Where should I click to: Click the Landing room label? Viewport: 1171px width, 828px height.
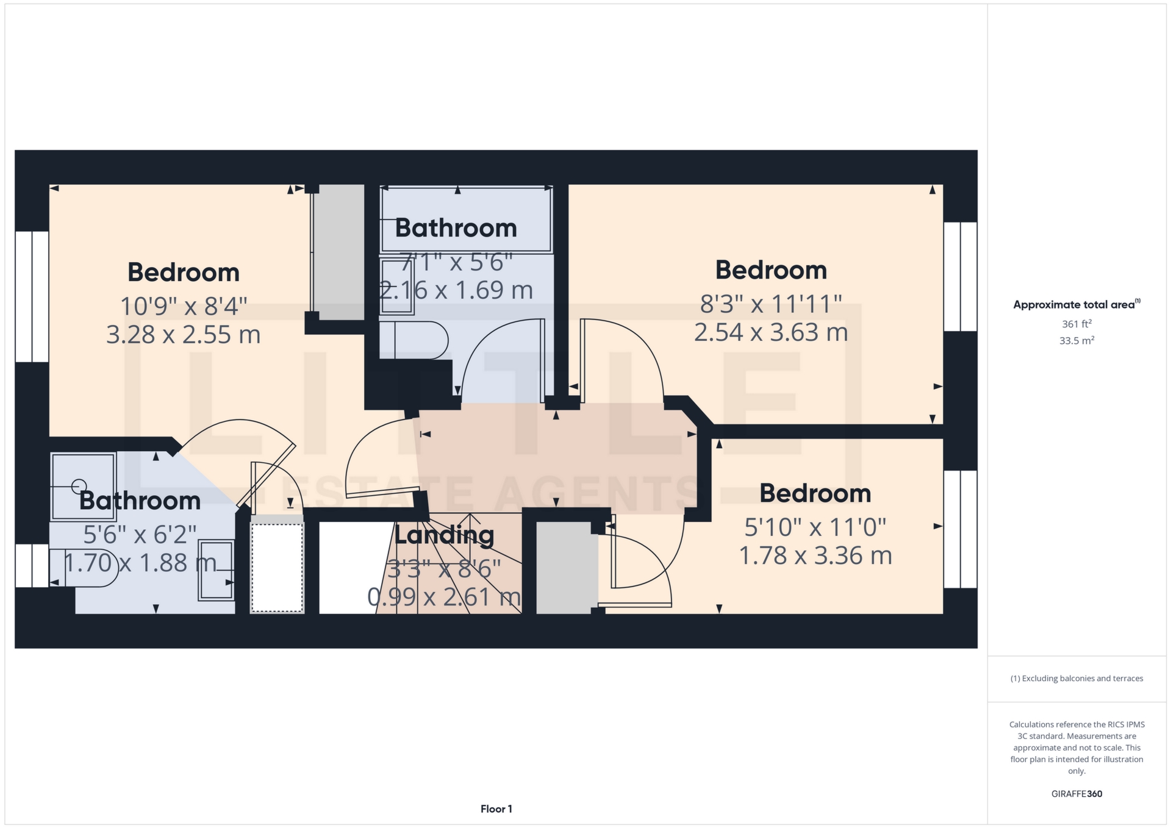(x=444, y=535)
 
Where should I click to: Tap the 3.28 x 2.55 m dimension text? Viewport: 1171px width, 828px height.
(x=183, y=335)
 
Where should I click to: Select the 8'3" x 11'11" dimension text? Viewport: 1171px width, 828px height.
(x=771, y=304)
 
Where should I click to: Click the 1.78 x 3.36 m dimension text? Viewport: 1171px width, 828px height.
(x=815, y=555)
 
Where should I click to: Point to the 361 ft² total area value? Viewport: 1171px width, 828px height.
(x=1076, y=324)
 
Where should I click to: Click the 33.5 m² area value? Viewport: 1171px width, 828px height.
(x=1076, y=340)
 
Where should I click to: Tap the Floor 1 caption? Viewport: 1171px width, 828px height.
(x=496, y=809)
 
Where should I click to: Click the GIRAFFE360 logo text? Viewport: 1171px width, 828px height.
(x=1076, y=794)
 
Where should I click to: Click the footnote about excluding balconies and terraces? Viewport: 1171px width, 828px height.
(x=1076, y=679)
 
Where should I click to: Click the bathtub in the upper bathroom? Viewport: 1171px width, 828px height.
(x=466, y=219)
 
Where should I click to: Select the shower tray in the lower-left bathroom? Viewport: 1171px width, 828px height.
(x=83, y=486)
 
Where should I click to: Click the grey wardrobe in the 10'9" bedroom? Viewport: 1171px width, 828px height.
(x=339, y=252)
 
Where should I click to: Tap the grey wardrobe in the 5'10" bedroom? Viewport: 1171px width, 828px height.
(x=567, y=567)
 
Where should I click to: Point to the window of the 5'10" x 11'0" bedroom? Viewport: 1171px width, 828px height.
(x=960, y=529)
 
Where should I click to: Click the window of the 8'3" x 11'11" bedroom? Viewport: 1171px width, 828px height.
(x=960, y=276)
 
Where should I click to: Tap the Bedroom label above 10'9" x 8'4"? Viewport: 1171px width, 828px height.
(x=183, y=272)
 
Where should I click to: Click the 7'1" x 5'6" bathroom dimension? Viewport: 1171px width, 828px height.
(x=456, y=262)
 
